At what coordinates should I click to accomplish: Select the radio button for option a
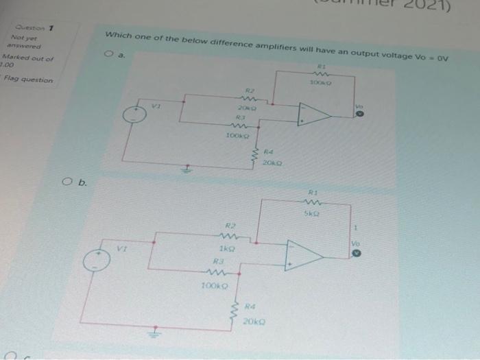tap(108, 53)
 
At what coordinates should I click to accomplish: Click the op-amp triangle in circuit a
tap(313, 115)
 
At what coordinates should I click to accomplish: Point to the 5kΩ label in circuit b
tap(313, 214)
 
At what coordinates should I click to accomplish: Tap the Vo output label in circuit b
tap(355, 243)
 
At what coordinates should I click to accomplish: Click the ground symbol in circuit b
tap(156, 335)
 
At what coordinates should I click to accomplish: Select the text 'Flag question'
tap(28, 80)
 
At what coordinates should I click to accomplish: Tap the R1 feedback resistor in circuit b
tap(312, 203)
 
